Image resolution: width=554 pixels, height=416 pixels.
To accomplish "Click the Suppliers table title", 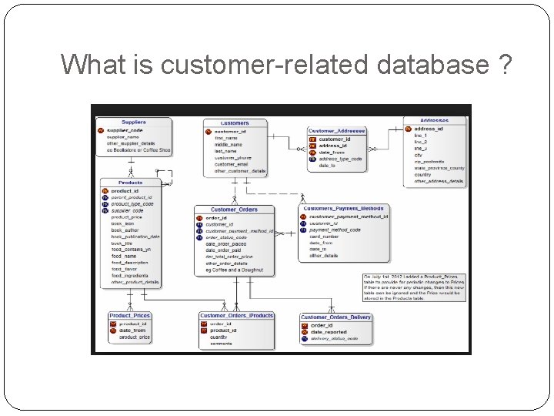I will coord(133,122).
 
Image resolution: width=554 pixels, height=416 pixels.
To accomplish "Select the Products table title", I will coord(131,183).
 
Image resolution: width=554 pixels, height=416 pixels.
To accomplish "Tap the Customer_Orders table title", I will coord(234,210).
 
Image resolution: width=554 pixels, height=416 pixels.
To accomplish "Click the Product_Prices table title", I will coord(130,315).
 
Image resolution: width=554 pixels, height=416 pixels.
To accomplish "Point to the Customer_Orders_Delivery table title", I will coord(335,317).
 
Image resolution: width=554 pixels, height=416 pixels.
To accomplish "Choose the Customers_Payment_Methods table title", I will coord(343,209).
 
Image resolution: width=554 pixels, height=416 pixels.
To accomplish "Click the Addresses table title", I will coord(436,120).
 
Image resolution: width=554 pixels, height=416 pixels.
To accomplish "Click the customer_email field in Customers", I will coord(232,164).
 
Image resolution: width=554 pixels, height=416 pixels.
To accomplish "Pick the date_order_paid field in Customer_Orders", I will coord(223,250).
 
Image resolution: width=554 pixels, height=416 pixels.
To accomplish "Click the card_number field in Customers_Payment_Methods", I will coord(324,237).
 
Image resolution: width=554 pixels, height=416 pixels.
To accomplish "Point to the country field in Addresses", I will coord(422,175).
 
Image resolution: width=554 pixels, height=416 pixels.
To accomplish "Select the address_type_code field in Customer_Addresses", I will coord(339,159).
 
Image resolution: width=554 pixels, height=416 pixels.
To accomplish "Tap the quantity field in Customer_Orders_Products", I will coord(219,337).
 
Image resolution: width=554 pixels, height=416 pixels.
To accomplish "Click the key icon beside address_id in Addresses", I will coord(408,129).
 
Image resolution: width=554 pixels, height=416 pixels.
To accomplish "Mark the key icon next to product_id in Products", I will coord(105,191).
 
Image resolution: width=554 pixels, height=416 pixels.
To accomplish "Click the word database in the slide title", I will coord(431,65).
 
